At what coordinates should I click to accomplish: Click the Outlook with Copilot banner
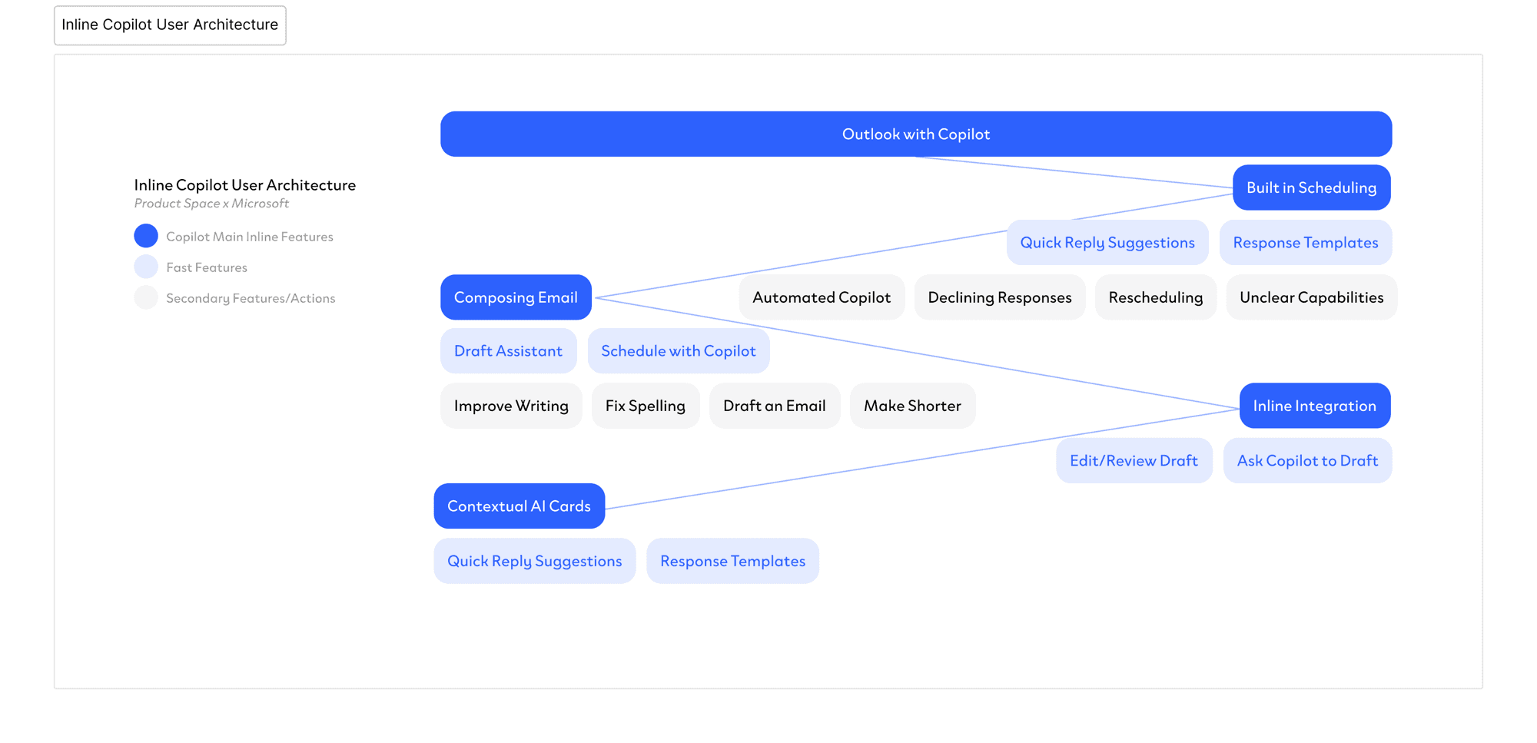click(915, 134)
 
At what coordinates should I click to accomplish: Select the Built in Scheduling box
click(1311, 187)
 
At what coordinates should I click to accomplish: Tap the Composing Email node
click(516, 297)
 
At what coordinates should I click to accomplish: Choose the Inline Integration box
click(1314, 406)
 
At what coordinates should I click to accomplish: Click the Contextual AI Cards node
click(519, 506)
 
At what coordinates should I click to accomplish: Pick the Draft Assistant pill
click(508, 351)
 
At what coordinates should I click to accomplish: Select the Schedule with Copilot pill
click(678, 351)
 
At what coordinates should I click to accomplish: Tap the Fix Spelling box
click(645, 406)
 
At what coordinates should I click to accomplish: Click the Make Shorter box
click(912, 406)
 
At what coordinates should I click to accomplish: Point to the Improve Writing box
click(511, 406)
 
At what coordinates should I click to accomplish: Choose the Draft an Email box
click(774, 406)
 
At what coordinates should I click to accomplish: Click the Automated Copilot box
click(822, 297)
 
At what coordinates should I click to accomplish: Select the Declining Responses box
click(999, 297)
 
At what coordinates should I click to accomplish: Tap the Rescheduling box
click(1155, 297)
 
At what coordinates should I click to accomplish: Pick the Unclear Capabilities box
click(1311, 297)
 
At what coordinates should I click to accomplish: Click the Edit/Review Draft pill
click(1134, 461)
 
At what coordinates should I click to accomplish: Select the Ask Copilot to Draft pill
click(1307, 461)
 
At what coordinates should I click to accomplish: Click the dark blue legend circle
click(146, 236)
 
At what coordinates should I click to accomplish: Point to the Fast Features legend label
click(207, 267)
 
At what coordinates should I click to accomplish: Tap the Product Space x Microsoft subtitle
click(211, 204)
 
